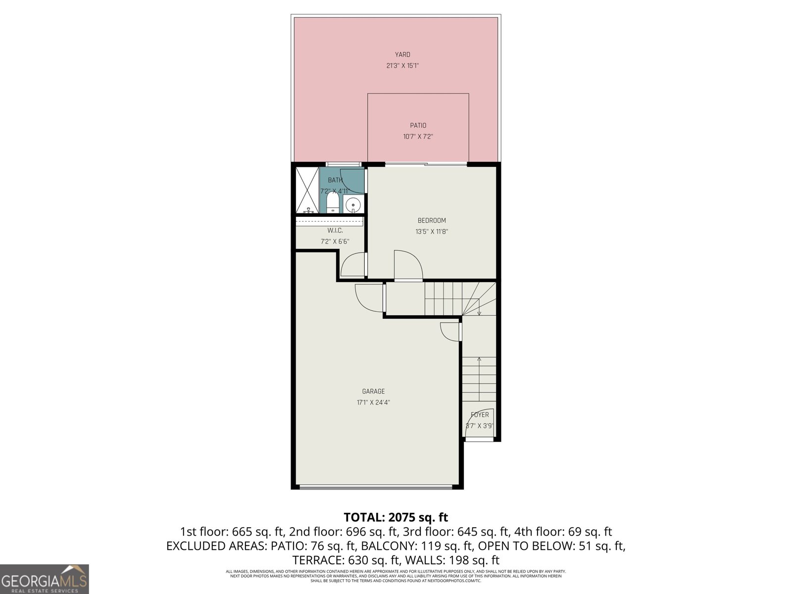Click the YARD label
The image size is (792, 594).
pos(402,54)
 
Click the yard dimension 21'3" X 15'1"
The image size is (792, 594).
pos(402,65)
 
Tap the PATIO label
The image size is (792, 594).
pos(418,125)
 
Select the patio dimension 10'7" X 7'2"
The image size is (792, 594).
pos(418,137)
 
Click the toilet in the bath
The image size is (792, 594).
pos(333,202)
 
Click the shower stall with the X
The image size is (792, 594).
pos(307,190)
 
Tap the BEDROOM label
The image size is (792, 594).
pos(432,220)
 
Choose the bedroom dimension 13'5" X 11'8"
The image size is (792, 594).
pos(432,231)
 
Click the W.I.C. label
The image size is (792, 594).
pos(335,231)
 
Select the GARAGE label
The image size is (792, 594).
pos(373,391)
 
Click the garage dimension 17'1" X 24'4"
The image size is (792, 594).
pos(373,402)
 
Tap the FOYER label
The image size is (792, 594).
pos(480,415)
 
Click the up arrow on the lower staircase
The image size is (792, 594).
pos(479,360)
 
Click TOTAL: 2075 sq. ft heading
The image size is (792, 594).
pos(396,517)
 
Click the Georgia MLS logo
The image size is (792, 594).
pos(44,579)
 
